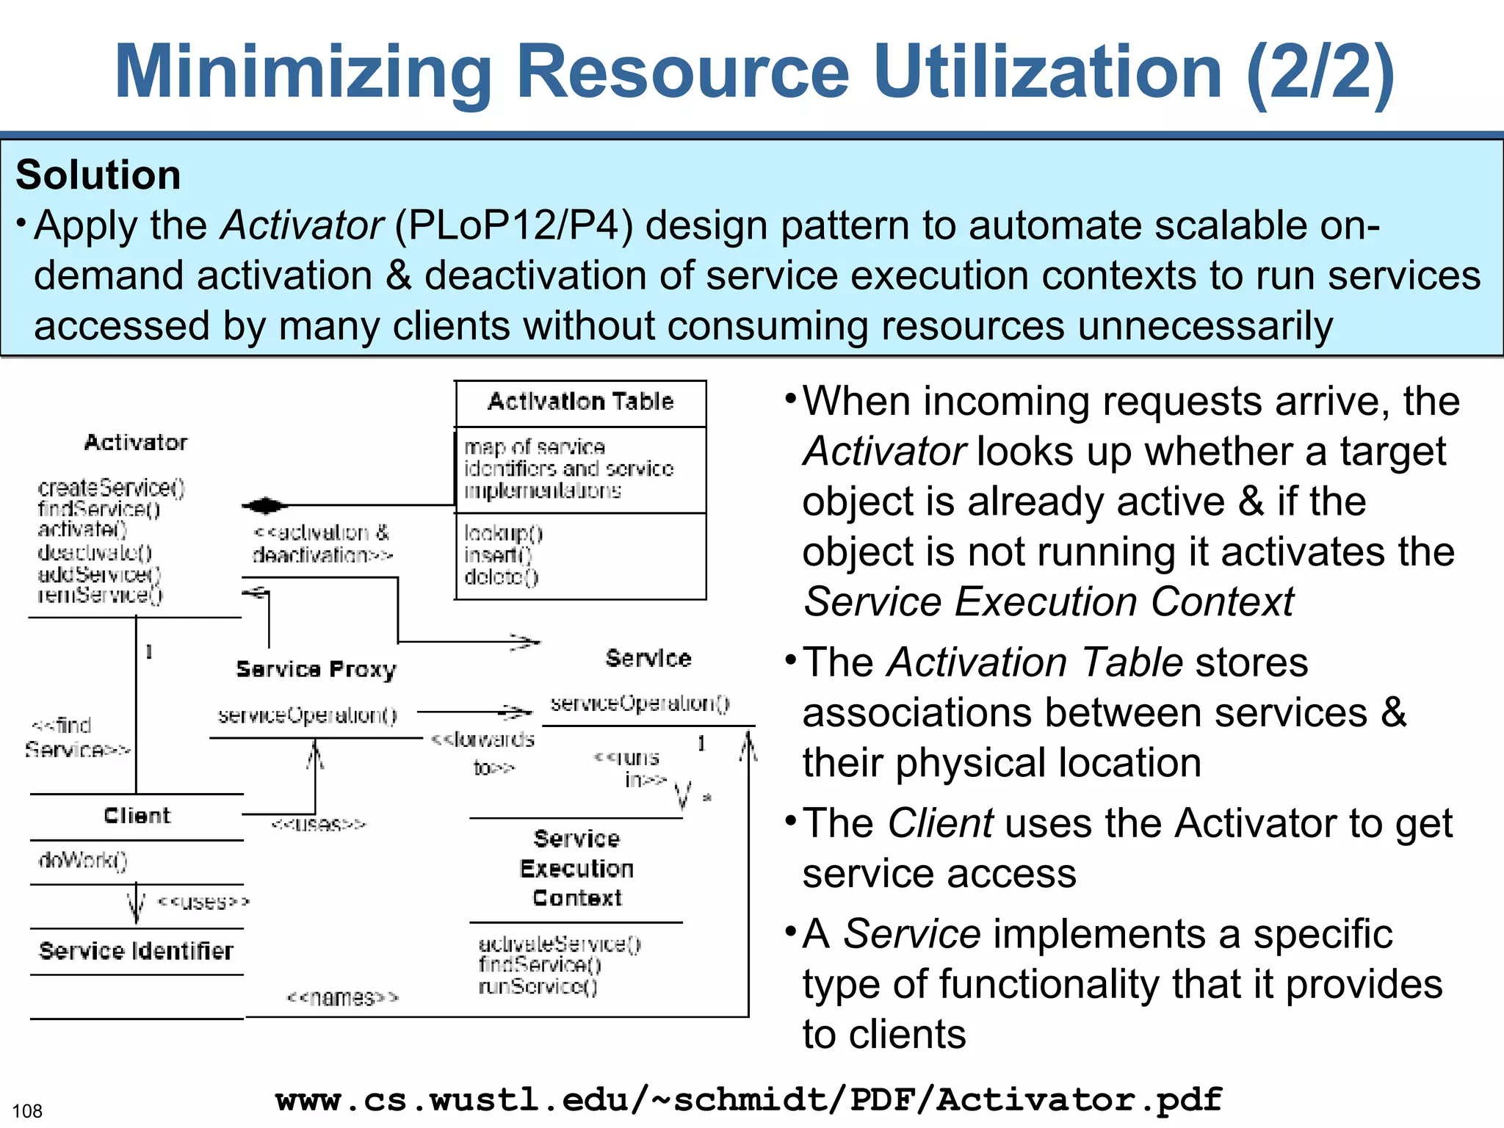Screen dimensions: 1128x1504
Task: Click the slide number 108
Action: (27, 1111)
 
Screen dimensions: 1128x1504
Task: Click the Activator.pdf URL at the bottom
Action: (748, 1099)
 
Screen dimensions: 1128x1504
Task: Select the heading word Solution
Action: (98, 175)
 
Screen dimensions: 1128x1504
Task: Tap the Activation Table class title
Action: (580, 402)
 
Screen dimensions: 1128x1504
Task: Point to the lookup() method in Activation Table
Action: (503, 533)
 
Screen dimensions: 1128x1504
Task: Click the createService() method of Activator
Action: (111, 488)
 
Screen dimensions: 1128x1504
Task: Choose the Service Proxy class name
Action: (316, 669)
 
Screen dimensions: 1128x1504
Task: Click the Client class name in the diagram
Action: (137, 816)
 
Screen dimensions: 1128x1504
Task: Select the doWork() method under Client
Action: (83, 860)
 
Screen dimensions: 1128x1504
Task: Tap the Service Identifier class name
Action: (136, 951)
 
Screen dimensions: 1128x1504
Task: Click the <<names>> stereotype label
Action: (342, 998)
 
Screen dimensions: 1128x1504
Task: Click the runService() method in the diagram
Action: (538, 986)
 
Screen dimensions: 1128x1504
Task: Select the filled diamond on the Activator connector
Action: (265, 505)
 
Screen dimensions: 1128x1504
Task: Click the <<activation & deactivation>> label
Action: (322, 543)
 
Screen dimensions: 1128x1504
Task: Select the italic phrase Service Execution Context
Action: (1049, 602)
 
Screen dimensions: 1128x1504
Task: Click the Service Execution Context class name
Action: (576, 869)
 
